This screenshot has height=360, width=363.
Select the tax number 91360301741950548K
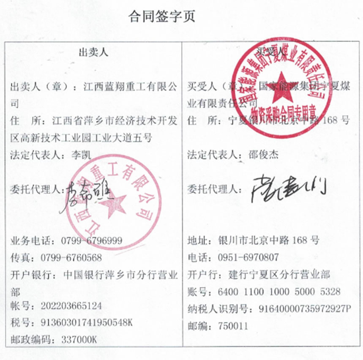[x=87, y=322]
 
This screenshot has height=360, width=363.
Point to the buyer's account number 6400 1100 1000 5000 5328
[x=279, y=292]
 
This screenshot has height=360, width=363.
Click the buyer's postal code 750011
[x=233, y=326]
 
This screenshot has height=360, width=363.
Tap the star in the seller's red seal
[x=114, y=206]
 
